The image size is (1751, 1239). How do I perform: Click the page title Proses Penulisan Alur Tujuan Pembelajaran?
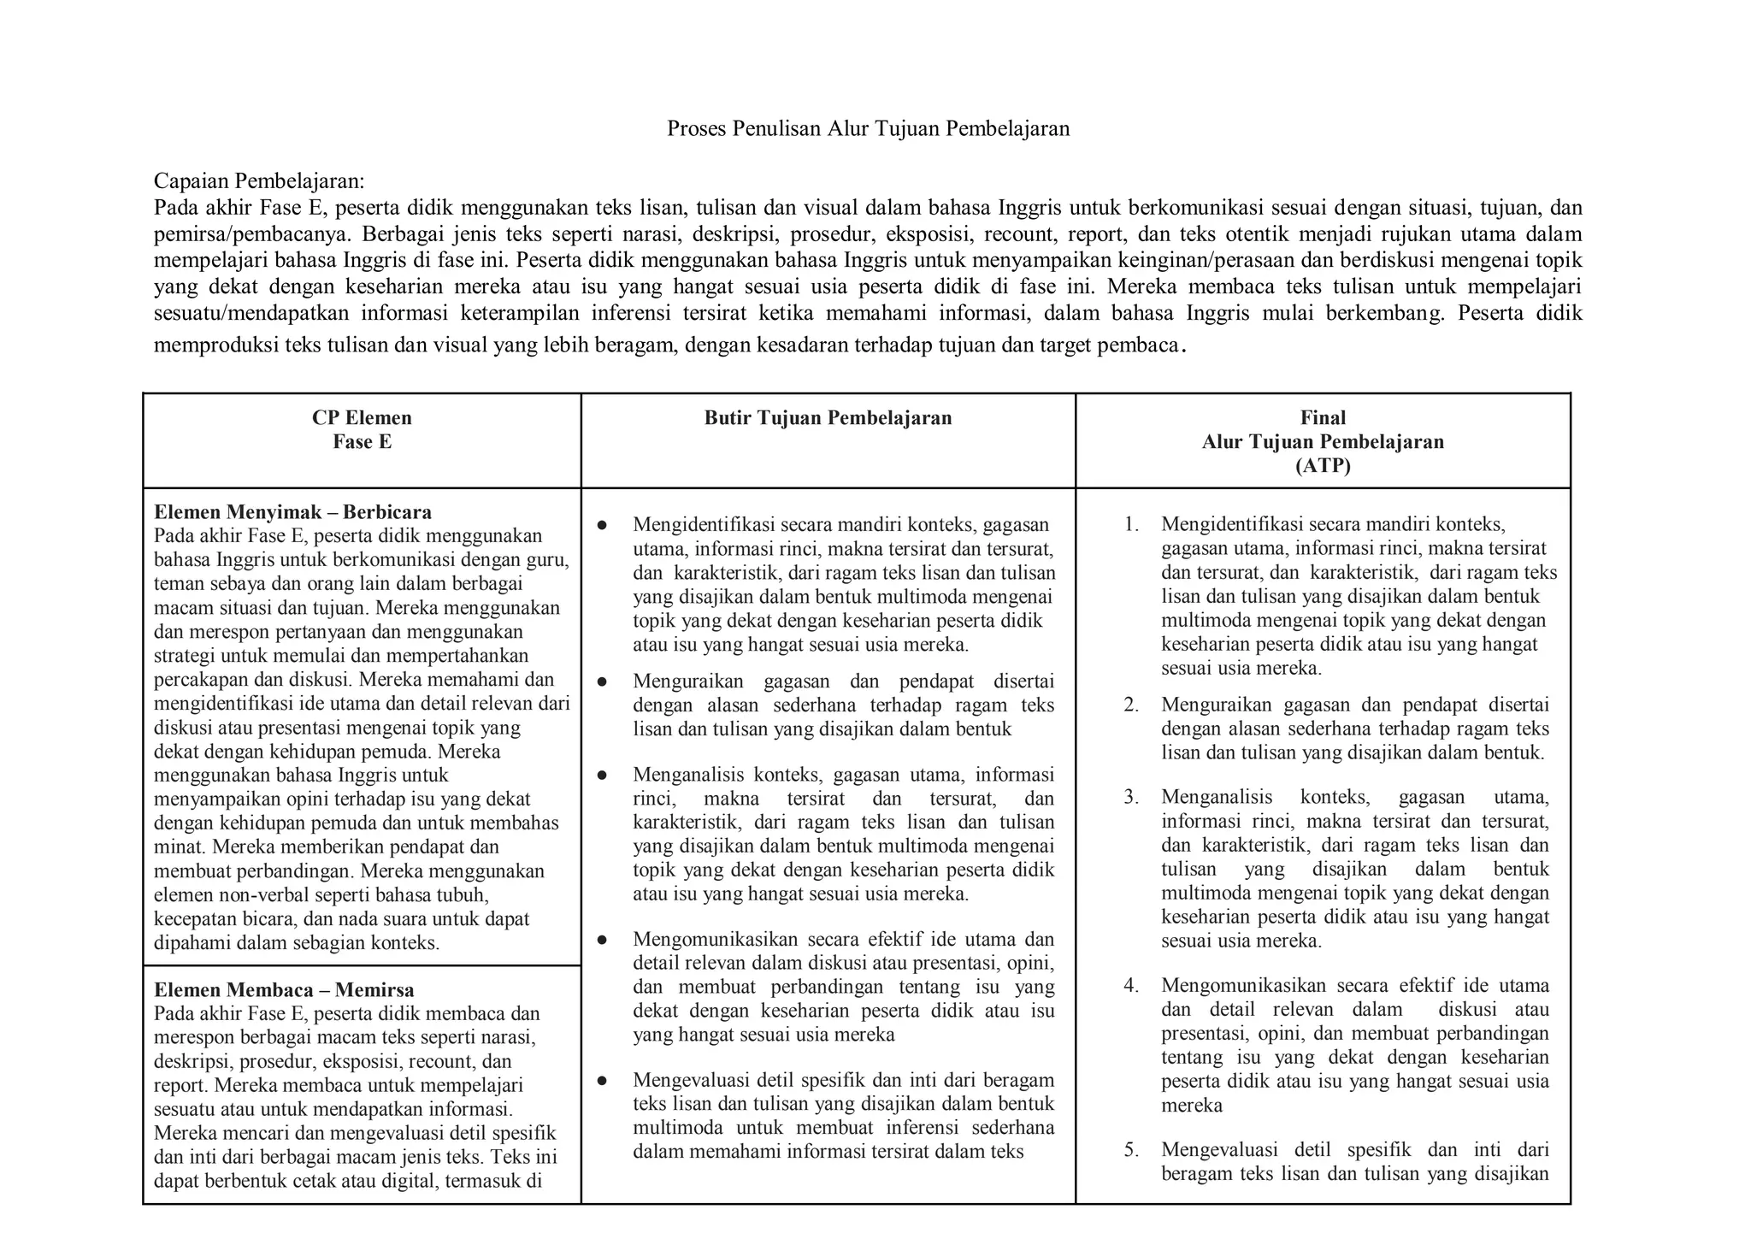click(868, 129)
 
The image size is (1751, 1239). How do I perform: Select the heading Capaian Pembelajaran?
click(259, 181)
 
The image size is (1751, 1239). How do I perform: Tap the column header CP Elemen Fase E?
click(362, 429)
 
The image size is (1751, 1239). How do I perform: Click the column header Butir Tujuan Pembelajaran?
click(828, 417)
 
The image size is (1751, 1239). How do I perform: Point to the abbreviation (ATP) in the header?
click(1323, 466)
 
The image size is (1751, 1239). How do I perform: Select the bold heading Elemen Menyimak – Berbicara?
click(292, 512)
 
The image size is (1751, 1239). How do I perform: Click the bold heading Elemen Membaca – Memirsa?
click(284, 990)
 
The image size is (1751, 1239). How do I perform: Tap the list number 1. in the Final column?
click(1131, 524)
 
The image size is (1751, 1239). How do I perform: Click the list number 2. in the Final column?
click(1131, 705)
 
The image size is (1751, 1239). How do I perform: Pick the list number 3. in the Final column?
click(1131, 798)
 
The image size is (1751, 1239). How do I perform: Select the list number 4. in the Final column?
click(1131, 986)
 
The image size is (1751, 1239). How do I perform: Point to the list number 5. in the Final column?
click(1131, 1150)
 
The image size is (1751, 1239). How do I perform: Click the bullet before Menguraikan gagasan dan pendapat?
click(602, 682)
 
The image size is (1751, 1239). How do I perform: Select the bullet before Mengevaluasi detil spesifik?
click(602, 1081)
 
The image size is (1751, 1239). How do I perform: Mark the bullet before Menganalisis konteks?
click(602, 776)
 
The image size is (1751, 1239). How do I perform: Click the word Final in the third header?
click(1323, 417)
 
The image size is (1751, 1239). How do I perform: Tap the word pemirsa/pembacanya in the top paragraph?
click(252, 234)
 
